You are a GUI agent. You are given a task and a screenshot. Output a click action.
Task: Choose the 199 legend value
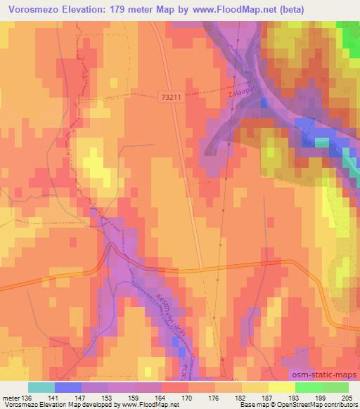coord(321,397)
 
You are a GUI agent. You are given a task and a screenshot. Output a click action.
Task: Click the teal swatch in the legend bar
coord(41,387)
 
